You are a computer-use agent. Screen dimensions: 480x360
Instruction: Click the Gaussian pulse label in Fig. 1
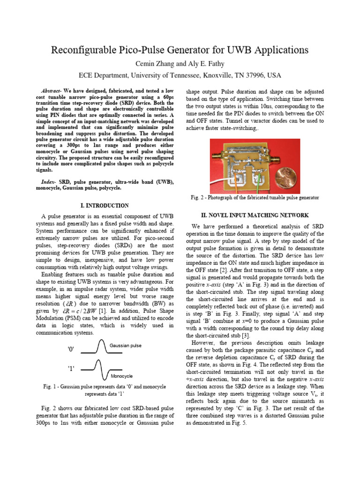coord(125,345)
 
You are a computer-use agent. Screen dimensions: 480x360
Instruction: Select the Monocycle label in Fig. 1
coord(122,376)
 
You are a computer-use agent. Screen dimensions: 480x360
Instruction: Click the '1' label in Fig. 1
coord(71,368)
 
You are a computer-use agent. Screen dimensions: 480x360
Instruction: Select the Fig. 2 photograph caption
coord(255,198)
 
